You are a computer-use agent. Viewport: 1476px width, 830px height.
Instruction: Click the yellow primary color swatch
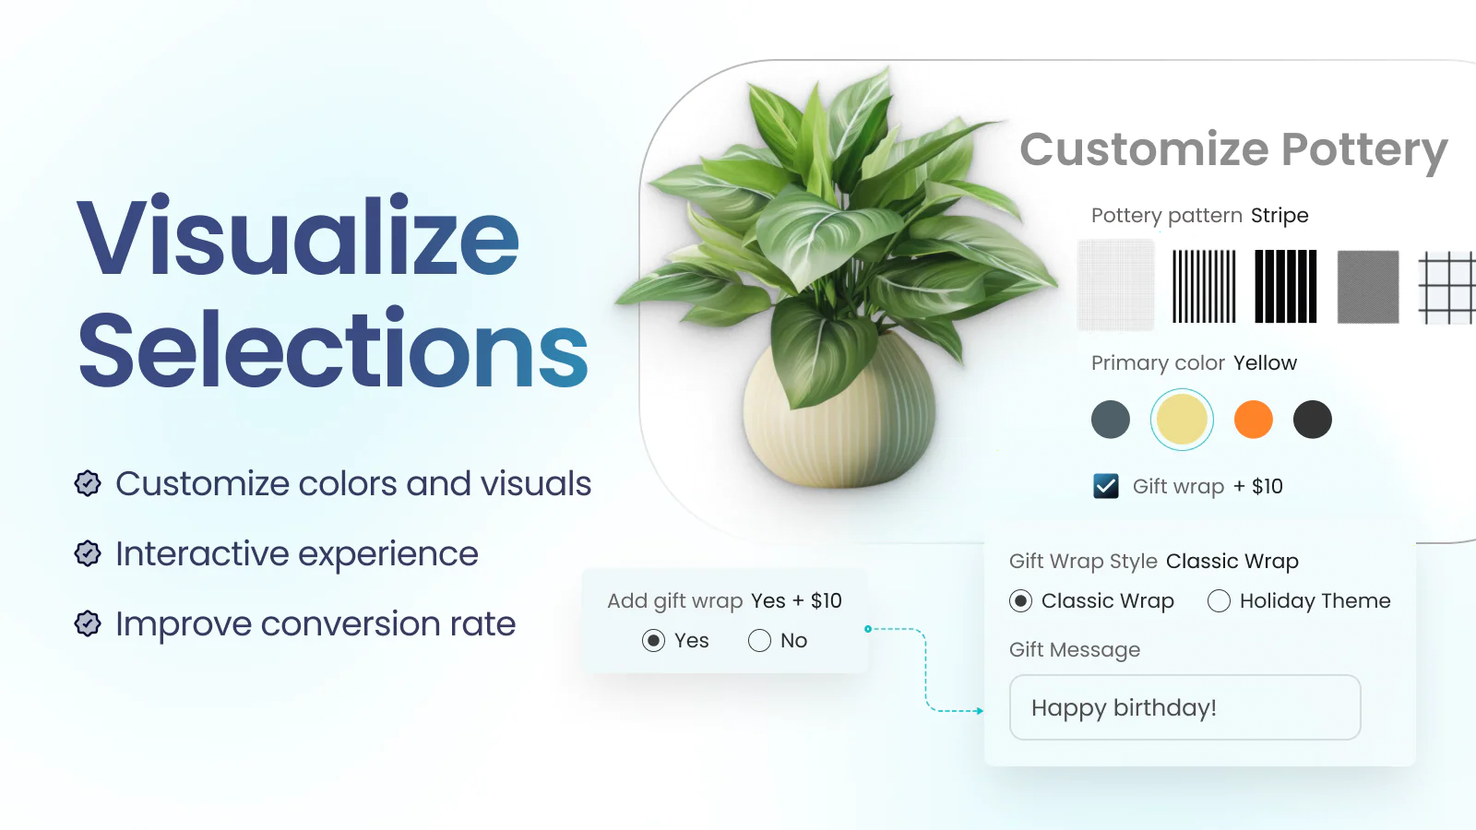point(1182,420)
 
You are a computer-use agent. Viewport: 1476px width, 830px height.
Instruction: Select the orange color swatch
point(1253,420)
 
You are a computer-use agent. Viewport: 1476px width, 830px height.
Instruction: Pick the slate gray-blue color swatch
point(1111,420)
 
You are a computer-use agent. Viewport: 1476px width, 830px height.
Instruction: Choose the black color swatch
point(1312,420)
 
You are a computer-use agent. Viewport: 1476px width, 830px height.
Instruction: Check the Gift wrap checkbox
point(1106,486)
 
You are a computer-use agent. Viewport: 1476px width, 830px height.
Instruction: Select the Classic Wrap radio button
point(1020,600)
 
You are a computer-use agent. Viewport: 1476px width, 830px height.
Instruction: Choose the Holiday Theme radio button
point(1219,600)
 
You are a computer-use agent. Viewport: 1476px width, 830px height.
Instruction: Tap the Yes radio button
point(653,640)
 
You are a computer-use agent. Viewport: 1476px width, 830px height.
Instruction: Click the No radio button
point(759,640)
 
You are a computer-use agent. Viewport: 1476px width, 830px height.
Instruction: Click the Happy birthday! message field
point(1184,707)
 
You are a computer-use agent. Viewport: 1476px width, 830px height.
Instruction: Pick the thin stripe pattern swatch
point(1204,287)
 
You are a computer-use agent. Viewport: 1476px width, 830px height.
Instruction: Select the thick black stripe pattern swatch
point(1286,287)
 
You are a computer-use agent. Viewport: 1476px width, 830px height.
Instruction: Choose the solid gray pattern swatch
point(1368,287)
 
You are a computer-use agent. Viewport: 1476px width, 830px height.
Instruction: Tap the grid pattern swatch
point(1447,288)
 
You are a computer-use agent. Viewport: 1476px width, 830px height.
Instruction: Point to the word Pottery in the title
point(1364,151)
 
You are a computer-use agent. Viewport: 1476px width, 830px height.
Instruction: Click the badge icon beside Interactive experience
point(88,553)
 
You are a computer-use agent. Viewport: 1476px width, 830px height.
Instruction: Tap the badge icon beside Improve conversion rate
point(88,623)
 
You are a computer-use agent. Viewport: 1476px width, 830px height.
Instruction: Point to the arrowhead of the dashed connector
point(980,711)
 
